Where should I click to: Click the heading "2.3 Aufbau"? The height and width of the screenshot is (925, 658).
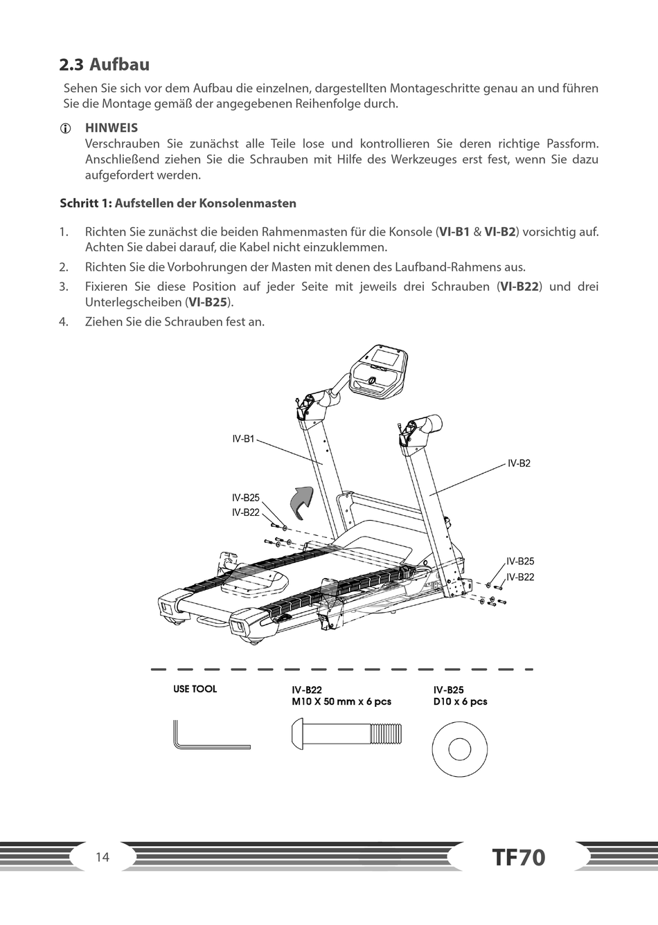point(104,65)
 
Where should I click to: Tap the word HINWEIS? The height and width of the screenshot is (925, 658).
point(111,128)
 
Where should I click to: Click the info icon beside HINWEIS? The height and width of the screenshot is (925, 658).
point(64,129)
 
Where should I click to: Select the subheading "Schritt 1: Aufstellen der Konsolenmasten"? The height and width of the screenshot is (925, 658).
point(178,204)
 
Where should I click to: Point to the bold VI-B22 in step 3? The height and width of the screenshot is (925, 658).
point(519,287)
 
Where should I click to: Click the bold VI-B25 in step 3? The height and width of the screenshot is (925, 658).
point(208,303)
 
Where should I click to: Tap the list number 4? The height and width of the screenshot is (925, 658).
point(64,322)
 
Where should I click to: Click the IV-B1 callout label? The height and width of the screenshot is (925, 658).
point(243,439)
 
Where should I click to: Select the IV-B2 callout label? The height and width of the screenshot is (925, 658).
point(519,463)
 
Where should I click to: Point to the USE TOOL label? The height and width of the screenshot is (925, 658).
point(195,689)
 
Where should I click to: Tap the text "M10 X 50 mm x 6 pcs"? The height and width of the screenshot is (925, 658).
point(341,701)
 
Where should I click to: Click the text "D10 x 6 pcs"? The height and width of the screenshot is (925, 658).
point(460,701)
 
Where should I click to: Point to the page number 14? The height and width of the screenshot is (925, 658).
point(103,857)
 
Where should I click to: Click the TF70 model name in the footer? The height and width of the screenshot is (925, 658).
point(519,858)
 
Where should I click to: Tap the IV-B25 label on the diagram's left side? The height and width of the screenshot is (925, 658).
point(245,498)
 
